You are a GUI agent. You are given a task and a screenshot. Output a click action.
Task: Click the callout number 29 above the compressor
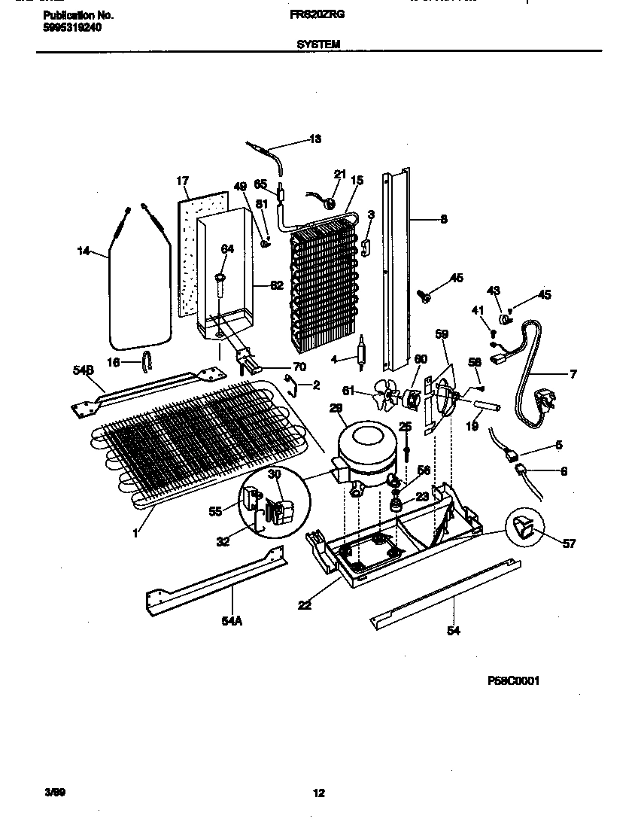pos(336,408)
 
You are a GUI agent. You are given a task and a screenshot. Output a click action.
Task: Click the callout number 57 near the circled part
pos(570,543)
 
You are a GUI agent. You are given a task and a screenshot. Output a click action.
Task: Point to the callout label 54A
pos(232,622)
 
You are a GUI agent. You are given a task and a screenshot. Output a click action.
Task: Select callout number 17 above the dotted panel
pos(182,181)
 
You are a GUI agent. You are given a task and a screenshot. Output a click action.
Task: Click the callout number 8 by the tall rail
pos(443,220)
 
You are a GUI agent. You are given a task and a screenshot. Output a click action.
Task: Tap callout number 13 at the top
pos(315,139)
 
